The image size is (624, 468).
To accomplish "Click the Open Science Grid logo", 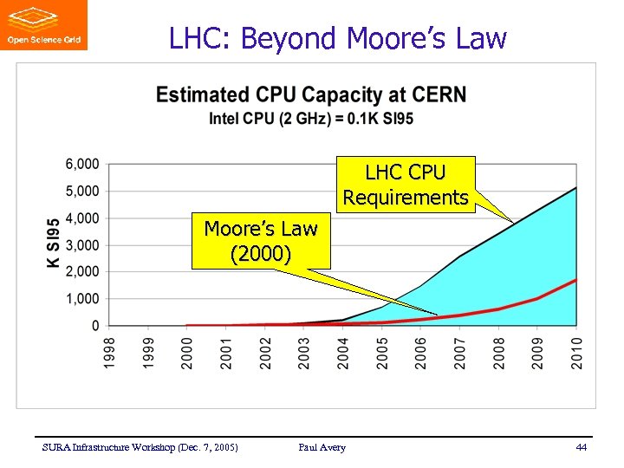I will click(44, 25).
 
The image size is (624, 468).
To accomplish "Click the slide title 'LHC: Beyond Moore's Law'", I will click(337, 38).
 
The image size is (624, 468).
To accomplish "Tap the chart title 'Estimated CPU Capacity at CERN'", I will click(310, 95).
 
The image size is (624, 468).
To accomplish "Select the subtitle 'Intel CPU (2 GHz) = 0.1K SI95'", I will click(310, 118).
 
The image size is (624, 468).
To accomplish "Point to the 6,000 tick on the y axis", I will click(82, 164).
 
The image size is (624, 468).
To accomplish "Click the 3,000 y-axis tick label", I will click(82, 245).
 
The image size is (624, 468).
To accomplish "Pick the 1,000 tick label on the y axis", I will click(82, 299).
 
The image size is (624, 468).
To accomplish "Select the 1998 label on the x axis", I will click(110, 354).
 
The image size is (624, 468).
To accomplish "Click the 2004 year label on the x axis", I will click(343, 354).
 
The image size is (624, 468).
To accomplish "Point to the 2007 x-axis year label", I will click(460, 354).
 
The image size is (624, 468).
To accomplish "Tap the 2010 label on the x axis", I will click(576, 354).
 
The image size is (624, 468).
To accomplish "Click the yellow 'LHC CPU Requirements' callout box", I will click(406, 184).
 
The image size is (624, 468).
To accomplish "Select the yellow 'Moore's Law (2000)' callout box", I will click(261, 242).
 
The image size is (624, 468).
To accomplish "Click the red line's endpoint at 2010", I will click(576, 280).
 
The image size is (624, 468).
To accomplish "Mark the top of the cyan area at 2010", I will click(576, 187).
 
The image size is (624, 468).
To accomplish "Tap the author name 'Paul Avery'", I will click(322, 447).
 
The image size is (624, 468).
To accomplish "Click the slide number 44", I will click(581, 447).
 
